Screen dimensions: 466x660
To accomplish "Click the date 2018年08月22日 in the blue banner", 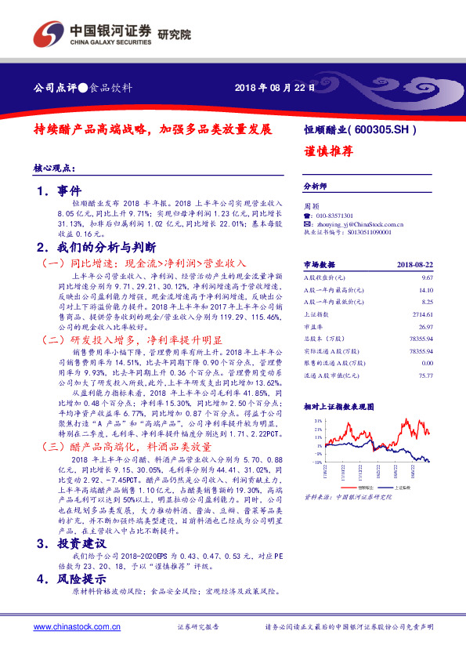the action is tap(274, 87).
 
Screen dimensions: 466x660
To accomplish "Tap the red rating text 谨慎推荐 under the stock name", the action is tap(327, 152).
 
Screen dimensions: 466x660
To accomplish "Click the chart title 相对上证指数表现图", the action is tap(338, 407).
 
